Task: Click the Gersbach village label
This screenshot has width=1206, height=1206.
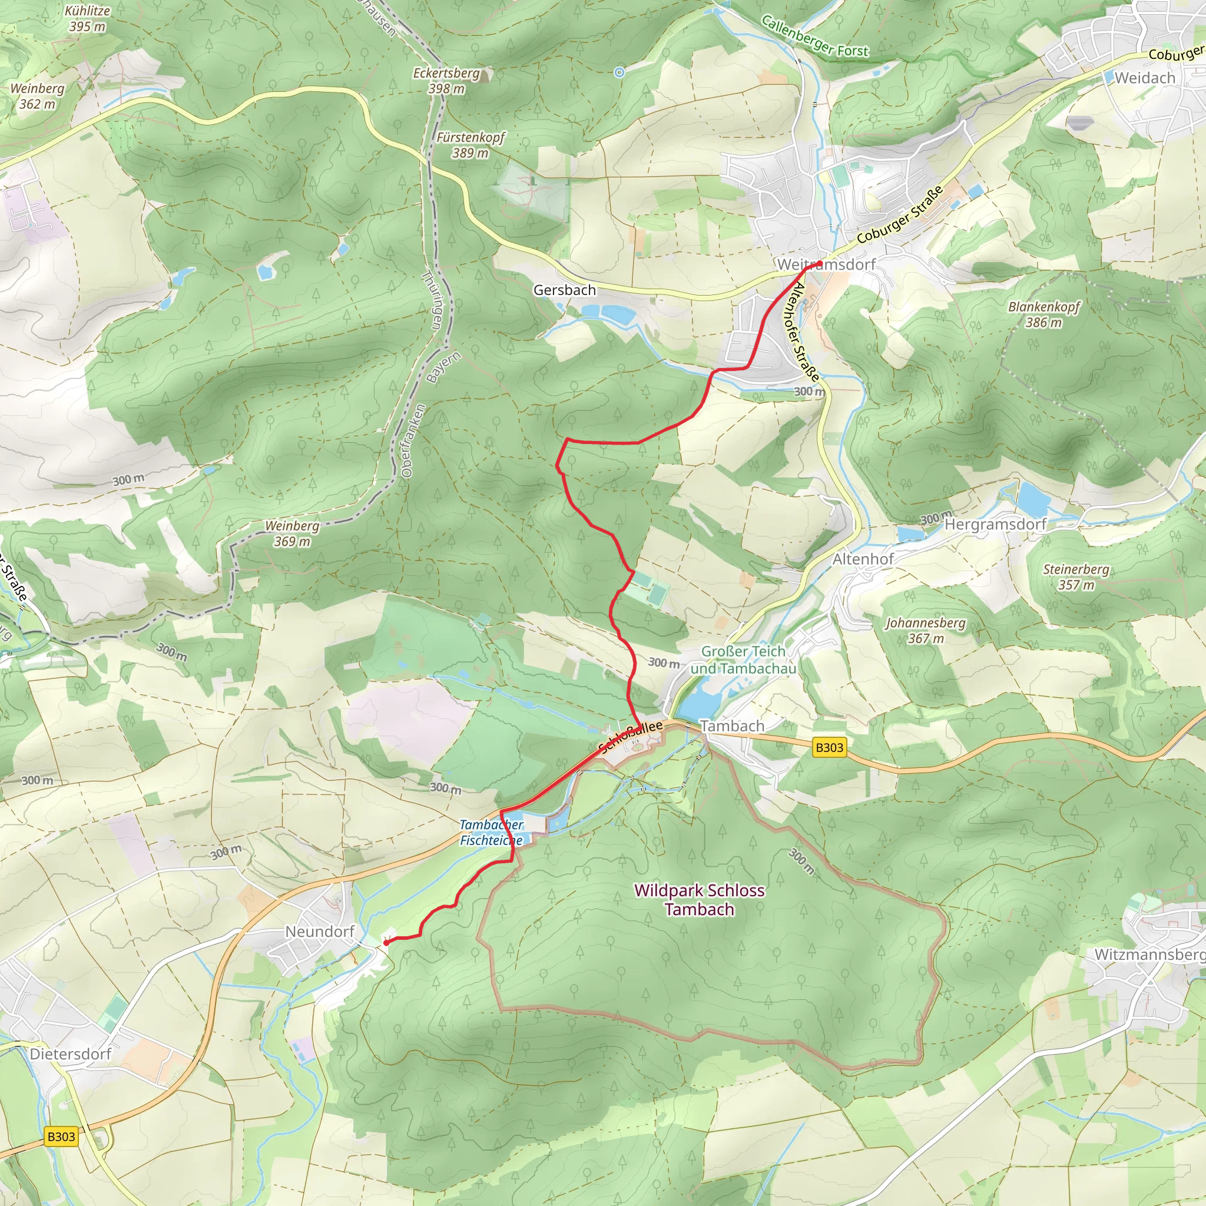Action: [564, 290]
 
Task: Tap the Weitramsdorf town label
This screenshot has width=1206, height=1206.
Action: [826, 264]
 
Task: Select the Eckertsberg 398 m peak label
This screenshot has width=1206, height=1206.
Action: [446, 81]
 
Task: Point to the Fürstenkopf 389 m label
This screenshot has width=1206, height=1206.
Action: [470, 145]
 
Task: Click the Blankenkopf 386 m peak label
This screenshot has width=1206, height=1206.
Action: [1043, 314]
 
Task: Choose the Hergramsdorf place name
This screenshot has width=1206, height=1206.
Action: [995, 524]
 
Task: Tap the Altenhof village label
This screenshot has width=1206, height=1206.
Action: [863, 559]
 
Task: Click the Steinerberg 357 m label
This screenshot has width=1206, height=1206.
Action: [1076, 577]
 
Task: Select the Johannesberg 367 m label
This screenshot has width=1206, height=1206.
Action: [925, 631]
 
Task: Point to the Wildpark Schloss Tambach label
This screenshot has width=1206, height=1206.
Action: [699, 900]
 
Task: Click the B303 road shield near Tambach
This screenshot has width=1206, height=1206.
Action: [829, 747]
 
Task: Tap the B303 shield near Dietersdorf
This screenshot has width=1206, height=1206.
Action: [61, 1137]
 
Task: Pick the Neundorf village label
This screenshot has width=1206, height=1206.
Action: [320, 932]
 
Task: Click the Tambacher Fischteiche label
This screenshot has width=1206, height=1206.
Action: [491, 832]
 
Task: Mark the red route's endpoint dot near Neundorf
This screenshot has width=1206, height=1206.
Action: [386, 943]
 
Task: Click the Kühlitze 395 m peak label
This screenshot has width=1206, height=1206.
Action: [87, 19]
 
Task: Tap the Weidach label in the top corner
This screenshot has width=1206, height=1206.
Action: [1145, 78]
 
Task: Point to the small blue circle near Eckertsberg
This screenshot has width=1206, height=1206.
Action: [619, 72]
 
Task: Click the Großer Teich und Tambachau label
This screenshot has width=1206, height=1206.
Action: [743, 660]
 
